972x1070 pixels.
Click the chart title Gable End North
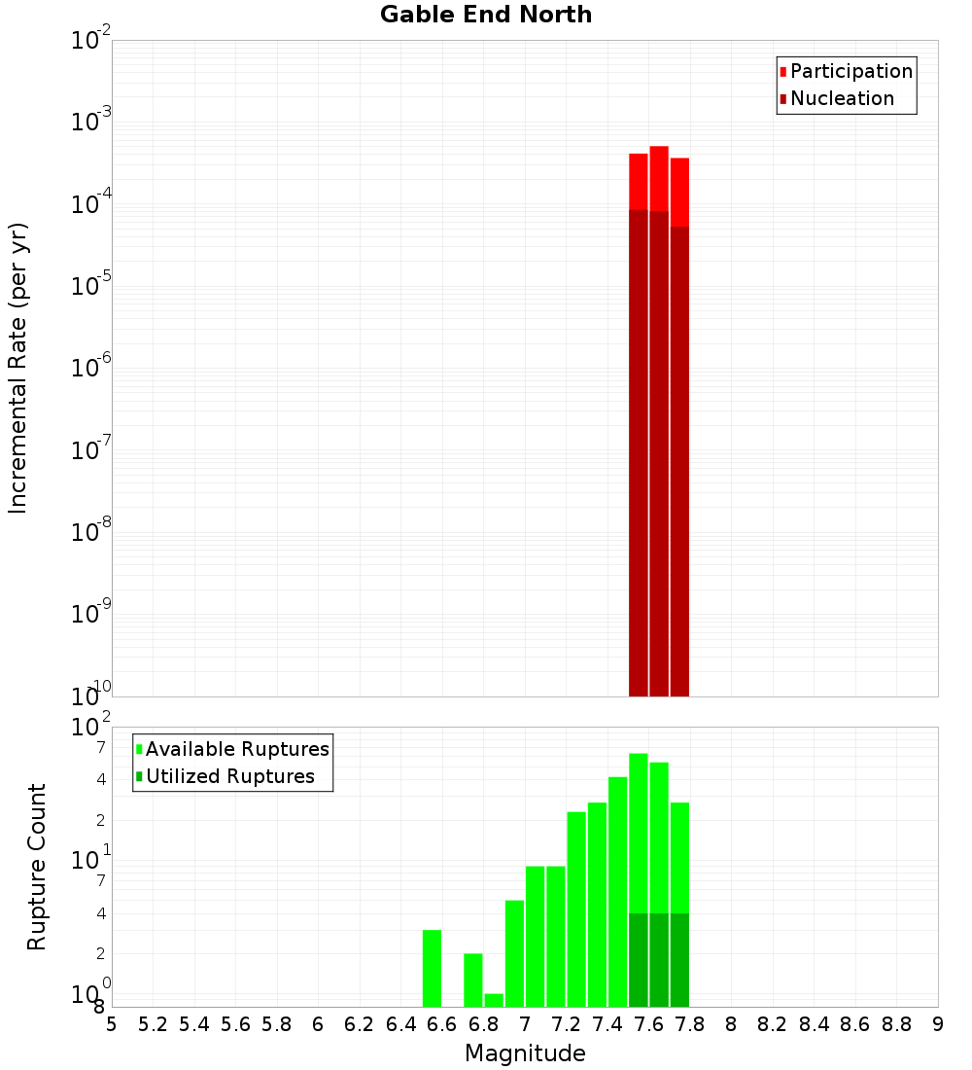(x=486, y=15)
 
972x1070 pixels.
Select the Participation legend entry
(x=850, y=71)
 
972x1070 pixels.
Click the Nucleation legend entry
(x=841, y=98)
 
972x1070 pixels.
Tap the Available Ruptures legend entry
(x=236, y=749)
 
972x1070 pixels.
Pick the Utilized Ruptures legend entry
(x=229, y=776)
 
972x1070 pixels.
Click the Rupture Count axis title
(x=37, y=867)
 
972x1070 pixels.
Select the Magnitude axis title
(x=525, y=1053)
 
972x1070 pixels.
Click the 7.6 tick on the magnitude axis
(x=648, y=1024)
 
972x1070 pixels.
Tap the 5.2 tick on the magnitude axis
(x=153, y=1024)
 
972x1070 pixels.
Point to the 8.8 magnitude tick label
(x=896, y=1024)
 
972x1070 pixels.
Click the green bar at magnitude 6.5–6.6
(x=432, y=968)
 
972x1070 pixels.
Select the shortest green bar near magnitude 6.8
(x=494, y=1000)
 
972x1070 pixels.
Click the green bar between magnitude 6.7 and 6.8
(x=473, y=980)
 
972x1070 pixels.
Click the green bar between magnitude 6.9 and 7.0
(x=514, y=953)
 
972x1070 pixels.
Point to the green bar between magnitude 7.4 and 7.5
(x=617, y=891)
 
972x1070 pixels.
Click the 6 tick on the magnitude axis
(x=318, y=1024)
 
